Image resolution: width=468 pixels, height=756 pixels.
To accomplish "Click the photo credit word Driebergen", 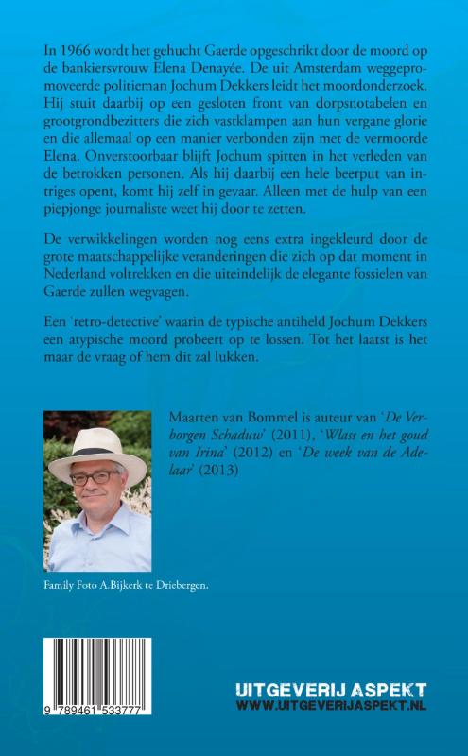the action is point(178,586).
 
